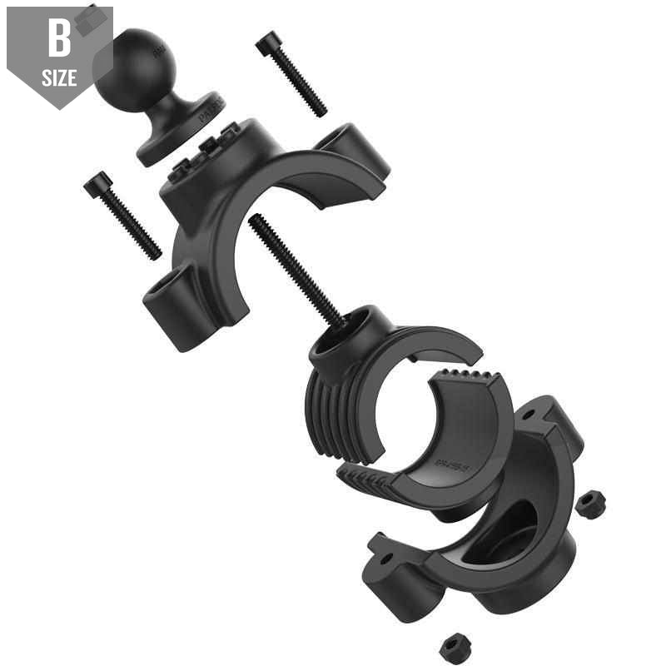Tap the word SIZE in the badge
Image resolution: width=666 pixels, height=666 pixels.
coord(59,80)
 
